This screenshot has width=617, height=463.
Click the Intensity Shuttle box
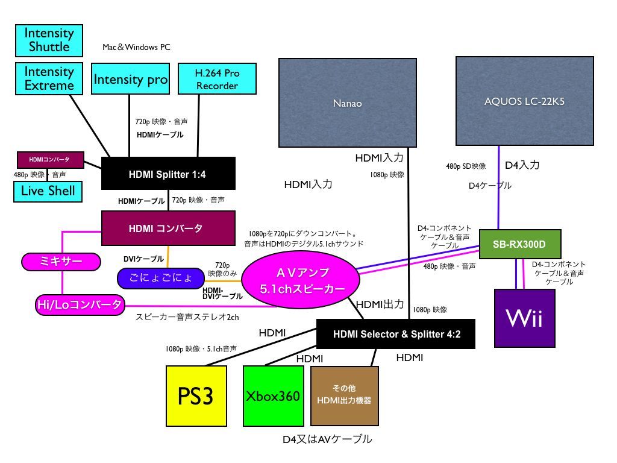pos(48,40)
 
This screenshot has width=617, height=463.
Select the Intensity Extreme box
pos(49,78)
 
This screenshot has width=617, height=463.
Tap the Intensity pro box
pos(130,79)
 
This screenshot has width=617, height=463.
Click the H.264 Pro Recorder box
pos(217,79)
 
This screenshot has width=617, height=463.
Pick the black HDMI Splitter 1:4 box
pos(168,174)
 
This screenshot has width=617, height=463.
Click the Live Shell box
pos(48,191)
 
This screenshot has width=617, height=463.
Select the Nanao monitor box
pos(348,102)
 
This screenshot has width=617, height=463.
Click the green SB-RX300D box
pos(520,244)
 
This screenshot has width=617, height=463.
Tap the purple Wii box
pos(524,318)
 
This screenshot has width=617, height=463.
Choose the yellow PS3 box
pos(196,396)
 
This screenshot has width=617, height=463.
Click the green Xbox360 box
pos(272,396)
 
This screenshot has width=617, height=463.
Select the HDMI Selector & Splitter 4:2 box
pos(396,334)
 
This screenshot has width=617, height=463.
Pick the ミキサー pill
pos(60,261)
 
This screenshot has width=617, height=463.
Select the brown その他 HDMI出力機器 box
pos(345,395)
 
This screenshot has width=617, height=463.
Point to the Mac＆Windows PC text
pos(136,47)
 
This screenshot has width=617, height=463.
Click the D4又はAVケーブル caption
pos(327,439)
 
